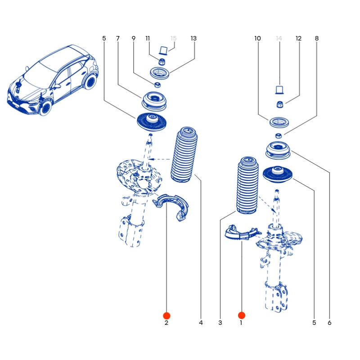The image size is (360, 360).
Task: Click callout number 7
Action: pos(118,39)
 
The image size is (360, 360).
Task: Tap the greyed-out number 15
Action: pos(174,39)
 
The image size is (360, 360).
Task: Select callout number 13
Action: pos(193,39)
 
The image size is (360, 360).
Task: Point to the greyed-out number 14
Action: pos(279,39)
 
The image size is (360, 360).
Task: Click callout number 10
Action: pos(257,39)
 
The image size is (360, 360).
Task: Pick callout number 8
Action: pos(317,39)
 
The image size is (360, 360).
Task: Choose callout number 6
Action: pos(329,323)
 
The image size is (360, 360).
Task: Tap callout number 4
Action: pos(201,323)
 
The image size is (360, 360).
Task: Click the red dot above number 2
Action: pos(166,315)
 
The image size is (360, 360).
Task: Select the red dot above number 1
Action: pos(242,315)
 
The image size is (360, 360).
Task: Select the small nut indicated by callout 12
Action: pos(279,105)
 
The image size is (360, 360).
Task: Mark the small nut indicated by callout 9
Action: pos(158,85)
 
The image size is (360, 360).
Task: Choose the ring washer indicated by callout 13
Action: pos(159,72)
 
